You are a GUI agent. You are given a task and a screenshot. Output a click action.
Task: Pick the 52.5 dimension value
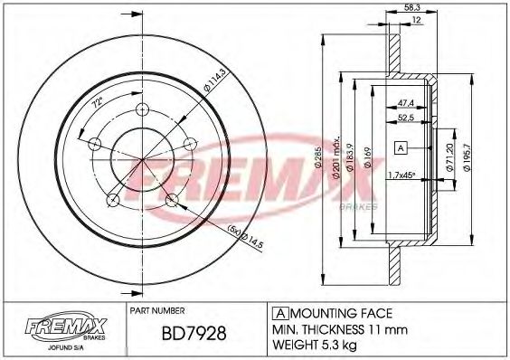tap(406, 117)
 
